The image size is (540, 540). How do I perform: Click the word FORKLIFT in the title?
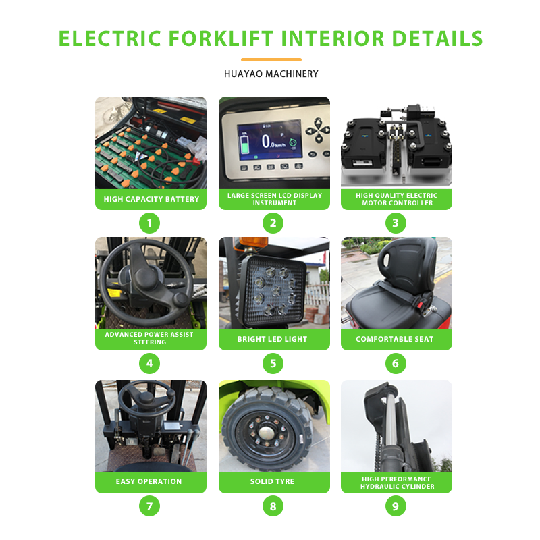point(221,38)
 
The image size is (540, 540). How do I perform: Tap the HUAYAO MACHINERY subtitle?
point(271,74)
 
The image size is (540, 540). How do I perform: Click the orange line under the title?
point(271,59)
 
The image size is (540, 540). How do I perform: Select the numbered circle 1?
point(149,223)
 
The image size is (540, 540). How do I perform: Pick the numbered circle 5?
point(273,363)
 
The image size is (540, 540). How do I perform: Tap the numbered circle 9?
point(396,506)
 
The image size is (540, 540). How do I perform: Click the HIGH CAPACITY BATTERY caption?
point(151,199)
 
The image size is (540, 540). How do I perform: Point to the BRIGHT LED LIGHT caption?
point(272,339)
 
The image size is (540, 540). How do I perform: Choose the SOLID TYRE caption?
point(272,481)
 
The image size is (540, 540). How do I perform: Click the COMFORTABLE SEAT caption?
point(395,339)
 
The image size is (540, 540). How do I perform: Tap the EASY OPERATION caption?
point(148,481)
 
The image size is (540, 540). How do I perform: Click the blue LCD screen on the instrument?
point(270,140)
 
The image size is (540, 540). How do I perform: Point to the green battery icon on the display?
point(244,144)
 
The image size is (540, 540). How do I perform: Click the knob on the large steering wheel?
point(180,299)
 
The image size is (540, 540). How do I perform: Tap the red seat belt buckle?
point(421,304)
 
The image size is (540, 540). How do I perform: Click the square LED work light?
point(273,292)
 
